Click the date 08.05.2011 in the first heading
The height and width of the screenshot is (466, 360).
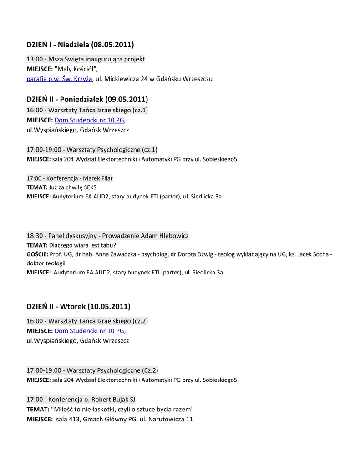coord(112,45)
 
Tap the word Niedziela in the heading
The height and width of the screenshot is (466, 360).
coord(73,45)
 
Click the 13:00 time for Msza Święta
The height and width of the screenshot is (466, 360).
coord(35,59)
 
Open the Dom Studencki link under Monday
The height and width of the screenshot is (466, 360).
coord(89,120)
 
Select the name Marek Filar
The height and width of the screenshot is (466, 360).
coord(98,178)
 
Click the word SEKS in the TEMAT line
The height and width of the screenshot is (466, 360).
coord(90,187)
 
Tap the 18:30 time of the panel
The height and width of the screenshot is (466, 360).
coord(35,236)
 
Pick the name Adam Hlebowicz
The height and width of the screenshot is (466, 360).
coord(165,236)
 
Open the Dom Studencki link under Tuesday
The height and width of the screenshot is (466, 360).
coord(89,331)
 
